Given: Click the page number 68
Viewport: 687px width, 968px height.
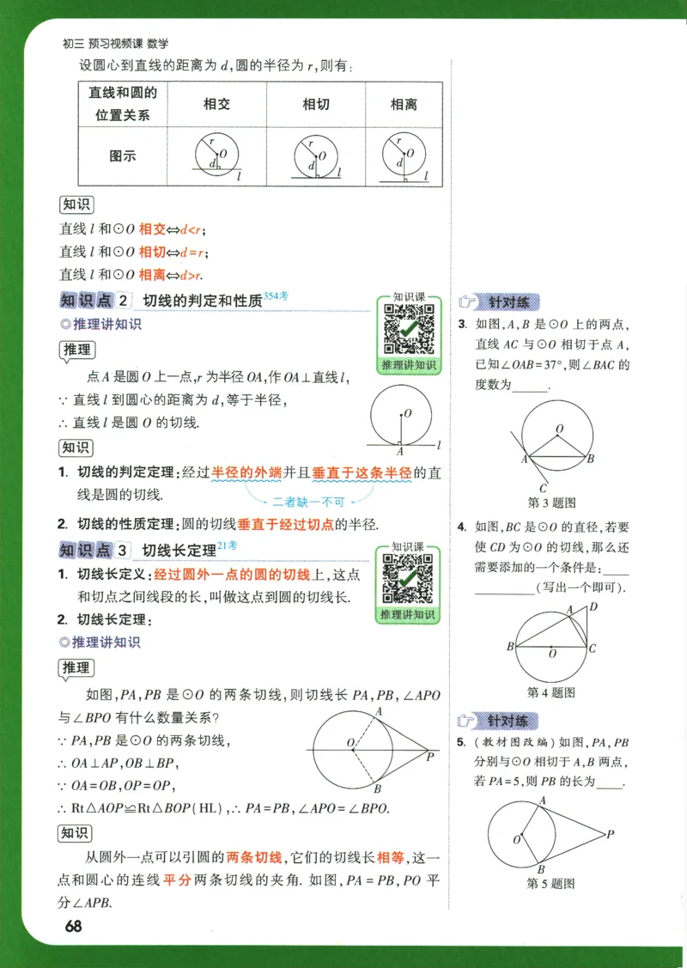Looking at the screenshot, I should click(72, 926).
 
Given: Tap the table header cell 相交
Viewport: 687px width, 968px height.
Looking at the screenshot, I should click(216, 104).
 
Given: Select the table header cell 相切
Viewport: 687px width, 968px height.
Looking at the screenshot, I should click(316, 104).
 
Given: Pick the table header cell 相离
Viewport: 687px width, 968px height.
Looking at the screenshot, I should click(404, 104).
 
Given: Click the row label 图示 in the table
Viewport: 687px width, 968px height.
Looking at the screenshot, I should click(123, 156).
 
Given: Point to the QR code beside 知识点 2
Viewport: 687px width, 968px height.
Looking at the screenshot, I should click(408, 329).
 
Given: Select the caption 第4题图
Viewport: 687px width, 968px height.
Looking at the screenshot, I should click(550, 692).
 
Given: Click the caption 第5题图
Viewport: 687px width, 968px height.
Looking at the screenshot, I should click(550, 883).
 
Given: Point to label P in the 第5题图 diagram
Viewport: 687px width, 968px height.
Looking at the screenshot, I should click(610, 833).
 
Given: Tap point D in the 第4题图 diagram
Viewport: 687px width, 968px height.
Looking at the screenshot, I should click(592, 607).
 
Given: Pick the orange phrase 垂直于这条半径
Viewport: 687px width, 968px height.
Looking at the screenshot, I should click(362, 472).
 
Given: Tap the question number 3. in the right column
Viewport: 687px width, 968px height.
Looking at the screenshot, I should click(462, 324).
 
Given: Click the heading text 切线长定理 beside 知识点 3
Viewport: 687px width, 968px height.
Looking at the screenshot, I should click(179, 550).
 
